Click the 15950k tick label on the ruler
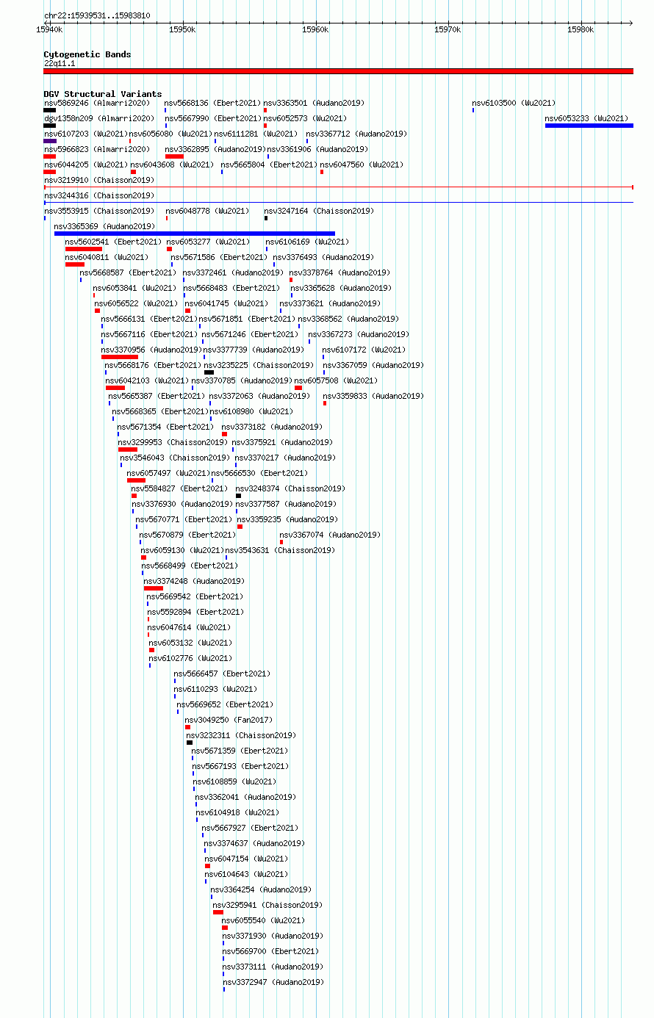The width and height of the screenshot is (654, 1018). (x=182, y=30)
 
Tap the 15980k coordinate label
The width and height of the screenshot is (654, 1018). (x=581, y=30)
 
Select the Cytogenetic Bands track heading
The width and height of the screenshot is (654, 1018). (x=87, y=54)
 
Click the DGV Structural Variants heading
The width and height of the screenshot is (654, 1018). (x=103, y=94)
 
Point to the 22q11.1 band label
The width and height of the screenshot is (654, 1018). (x=60, y=64)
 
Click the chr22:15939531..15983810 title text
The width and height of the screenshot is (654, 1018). (x=97, y=15)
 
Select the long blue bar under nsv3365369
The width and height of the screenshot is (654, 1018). (x=195, y=234)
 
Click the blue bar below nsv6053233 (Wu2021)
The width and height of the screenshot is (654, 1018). (x=589, y=126)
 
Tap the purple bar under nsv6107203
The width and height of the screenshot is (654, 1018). (x=50, y=141)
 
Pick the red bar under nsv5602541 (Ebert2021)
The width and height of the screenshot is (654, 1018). (x=84, y=249)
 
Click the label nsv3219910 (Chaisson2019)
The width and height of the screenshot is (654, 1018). (x=99, y=181)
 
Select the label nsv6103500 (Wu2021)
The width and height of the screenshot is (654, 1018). (x=514, y=103)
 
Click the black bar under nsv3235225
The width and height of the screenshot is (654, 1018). (x=209, y=372)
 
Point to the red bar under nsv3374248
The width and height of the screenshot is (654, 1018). (x=154, y=588)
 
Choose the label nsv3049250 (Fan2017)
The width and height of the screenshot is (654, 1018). (x=229, y=720)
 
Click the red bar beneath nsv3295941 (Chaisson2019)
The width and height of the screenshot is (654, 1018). (x=218, y=912)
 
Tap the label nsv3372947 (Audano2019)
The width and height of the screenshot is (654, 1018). (x=273, y=982)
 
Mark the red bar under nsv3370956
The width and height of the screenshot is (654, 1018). (x=120, y=357)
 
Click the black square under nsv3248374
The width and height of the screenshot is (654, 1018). (x=238, y=496)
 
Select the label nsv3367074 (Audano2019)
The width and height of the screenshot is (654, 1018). (x=330, y=535)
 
